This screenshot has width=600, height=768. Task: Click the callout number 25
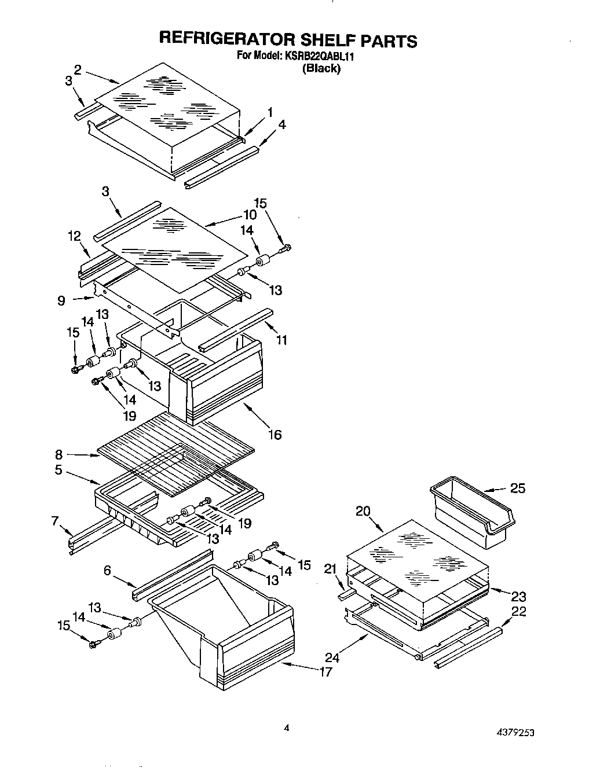518,488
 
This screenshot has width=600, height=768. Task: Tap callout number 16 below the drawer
275,434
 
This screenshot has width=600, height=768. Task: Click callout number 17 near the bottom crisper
326,671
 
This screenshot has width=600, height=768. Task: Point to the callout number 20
363,511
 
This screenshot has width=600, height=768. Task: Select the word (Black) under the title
322,68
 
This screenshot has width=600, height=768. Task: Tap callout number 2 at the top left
78,68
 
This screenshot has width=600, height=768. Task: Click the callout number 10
250,215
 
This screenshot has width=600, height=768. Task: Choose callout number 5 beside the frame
58,470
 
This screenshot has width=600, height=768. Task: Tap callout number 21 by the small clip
331,569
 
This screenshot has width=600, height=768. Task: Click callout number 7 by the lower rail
55,521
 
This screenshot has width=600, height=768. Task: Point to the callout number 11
281,340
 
